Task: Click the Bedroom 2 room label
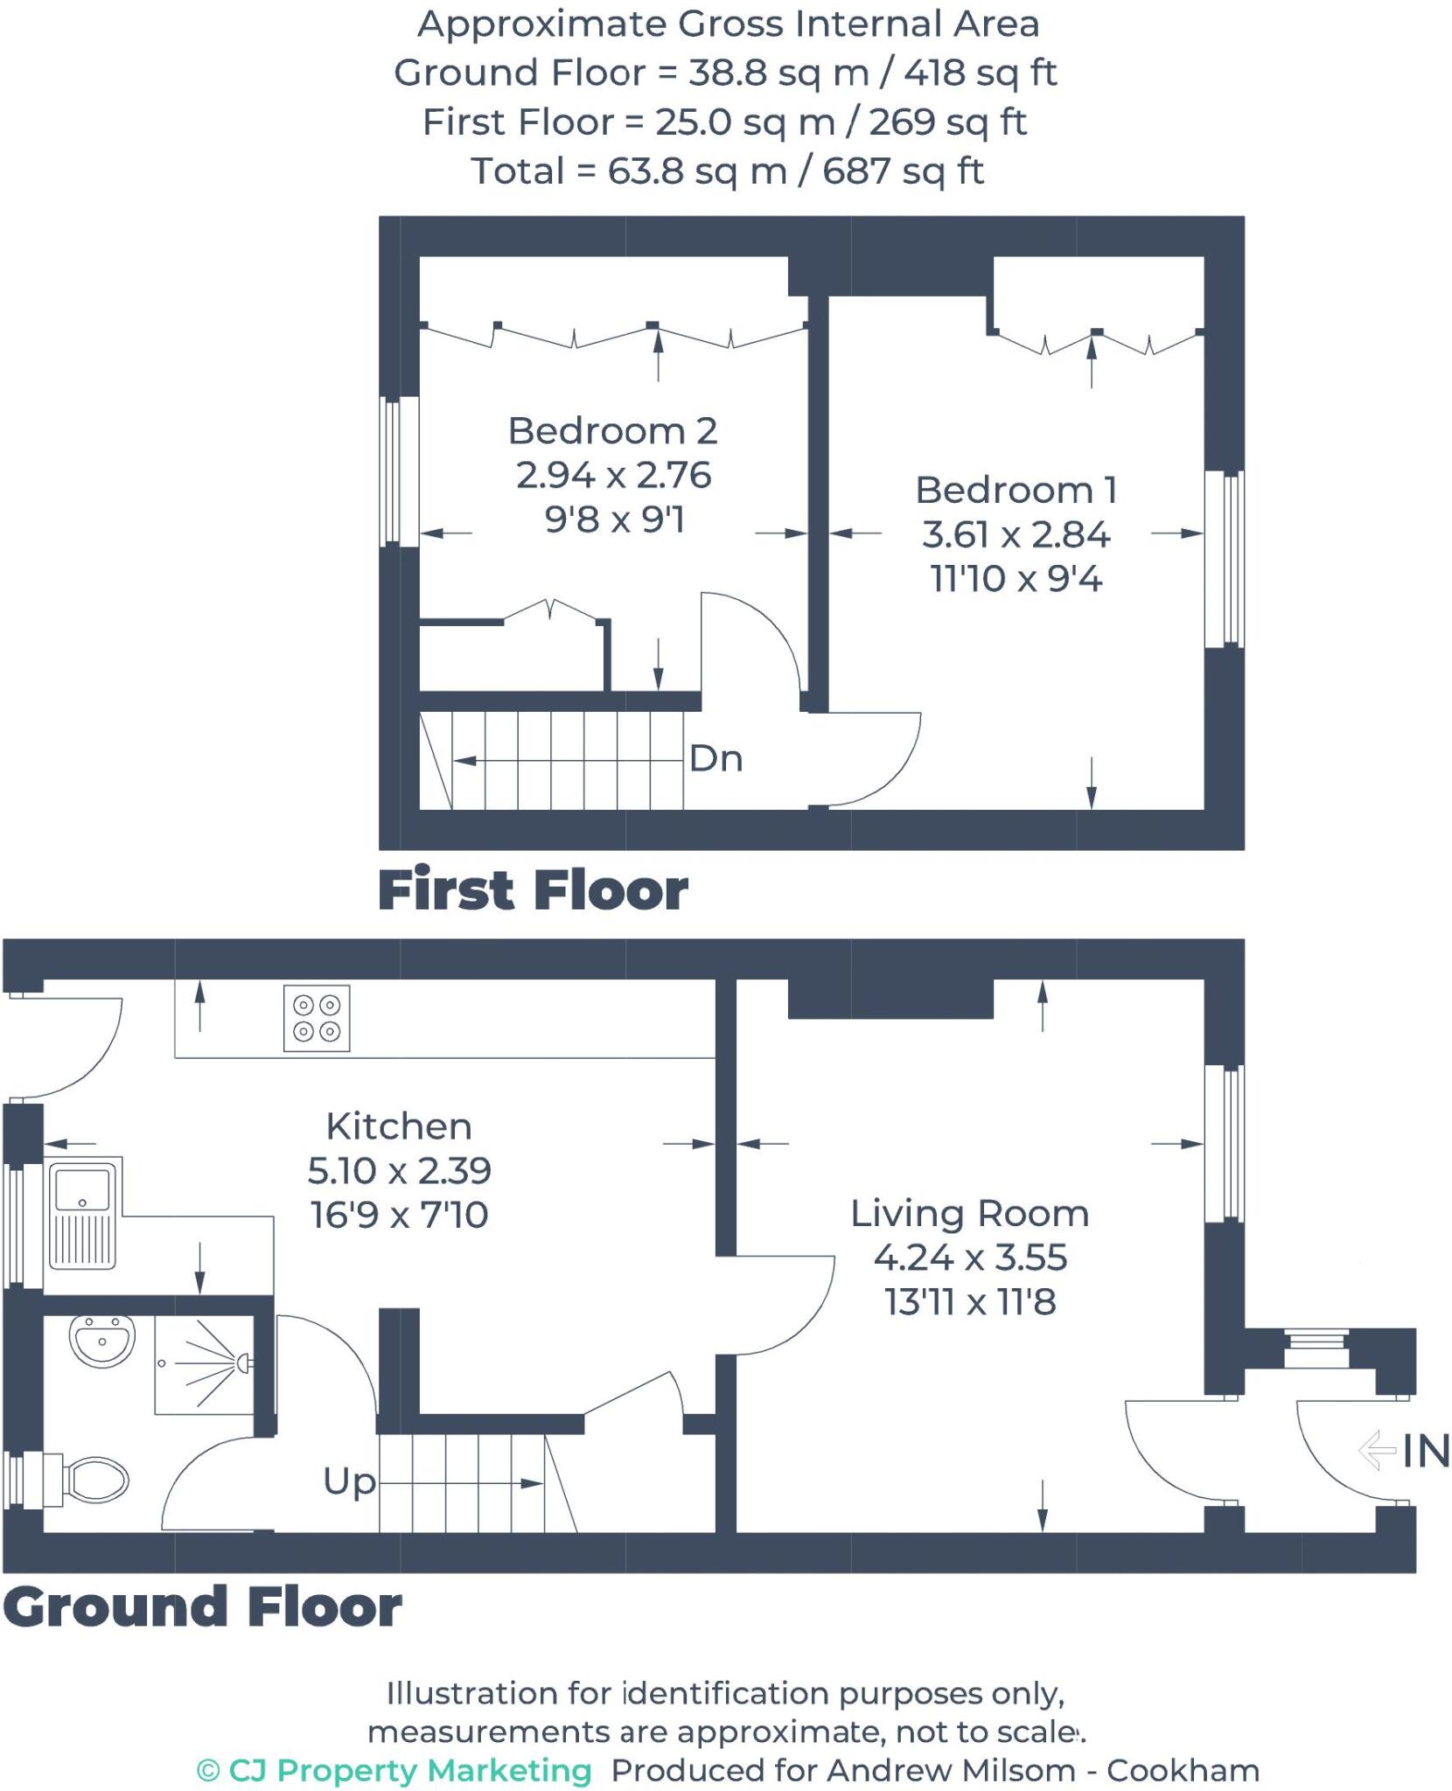click(x=612, y=431)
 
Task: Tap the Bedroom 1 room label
click(x=1016, y=491)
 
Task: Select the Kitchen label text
click(x=399, y=1126)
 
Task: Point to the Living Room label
click(x=970, y=1214)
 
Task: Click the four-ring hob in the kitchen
click(x=317, y=1019)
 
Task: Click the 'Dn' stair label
click(x=716, y=759)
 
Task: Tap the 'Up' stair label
click(x=349, y=1482)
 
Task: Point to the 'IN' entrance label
click(x=1426, y=1453)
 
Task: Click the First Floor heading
click(x=533, y=891)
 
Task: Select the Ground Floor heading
click(x=202, y=1606)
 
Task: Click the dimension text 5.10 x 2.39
click(x=399, y=1170)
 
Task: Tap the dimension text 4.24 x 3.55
click(x=970, y=1258)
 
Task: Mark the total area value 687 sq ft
click(x=903, y=171)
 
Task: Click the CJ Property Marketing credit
click(x=394, y=1770)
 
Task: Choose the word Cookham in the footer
click(x=1183, y=1770)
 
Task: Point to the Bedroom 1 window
click(x=1224, y=559)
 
